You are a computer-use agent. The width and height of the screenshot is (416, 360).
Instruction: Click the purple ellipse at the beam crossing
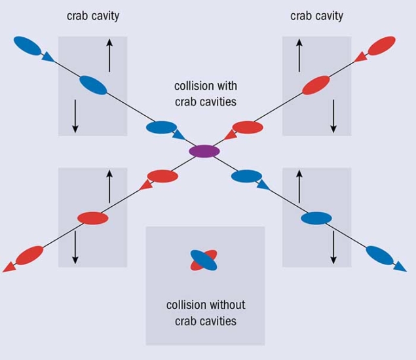point(204,151)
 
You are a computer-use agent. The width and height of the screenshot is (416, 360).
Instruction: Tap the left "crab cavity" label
point(92,16)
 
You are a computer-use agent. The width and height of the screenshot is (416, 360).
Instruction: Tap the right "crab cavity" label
point(316,16)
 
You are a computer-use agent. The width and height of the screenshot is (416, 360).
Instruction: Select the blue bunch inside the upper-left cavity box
point(92,85)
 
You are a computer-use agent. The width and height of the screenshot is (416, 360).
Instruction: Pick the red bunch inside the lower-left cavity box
point(92,217)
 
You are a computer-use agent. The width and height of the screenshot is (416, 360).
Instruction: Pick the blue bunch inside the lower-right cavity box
point(316,217)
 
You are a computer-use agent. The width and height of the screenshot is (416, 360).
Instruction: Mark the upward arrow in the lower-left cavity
point(109,185)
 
